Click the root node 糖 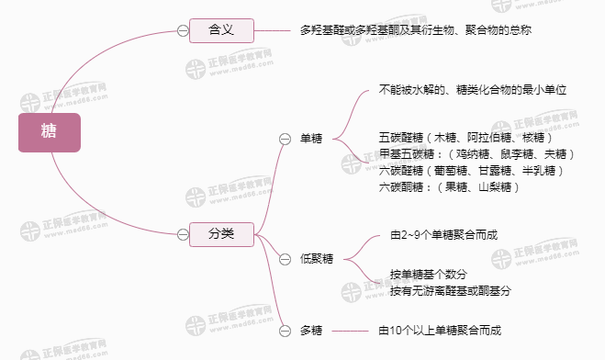(50, 133)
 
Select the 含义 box (220, 30)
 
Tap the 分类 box (220, 234)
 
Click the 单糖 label (311, 139)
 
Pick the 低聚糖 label (316, 258)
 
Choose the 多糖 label (311, 330)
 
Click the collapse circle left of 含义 (183, 30)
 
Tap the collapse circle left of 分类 (183, 234)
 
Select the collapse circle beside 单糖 (285, 139)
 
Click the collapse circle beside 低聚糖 (285, 258)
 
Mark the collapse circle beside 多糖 (285, 330)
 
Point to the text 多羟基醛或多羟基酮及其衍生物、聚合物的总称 (416, 30)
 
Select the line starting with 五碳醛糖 (465, 138)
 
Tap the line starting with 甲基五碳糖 (476, 154)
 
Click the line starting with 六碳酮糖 (449, 187)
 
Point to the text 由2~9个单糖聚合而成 (444, 235)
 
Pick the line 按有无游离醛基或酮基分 (449, 291)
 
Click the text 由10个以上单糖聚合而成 (441, 330)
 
